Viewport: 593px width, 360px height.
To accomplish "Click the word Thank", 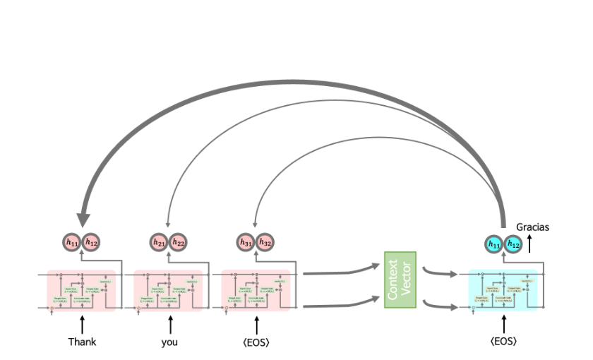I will coord(82,342).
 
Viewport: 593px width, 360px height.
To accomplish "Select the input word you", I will coord(169,342).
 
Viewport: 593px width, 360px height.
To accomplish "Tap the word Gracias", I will coord(532,227).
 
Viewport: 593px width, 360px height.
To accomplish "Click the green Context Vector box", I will coord(400,280).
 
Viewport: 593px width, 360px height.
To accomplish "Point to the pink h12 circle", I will coord(91,243).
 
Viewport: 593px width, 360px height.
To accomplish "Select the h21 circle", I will coord(160,243).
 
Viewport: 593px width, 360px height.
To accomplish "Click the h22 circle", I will coord(178,243).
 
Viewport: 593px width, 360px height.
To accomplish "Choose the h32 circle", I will coord(265,243).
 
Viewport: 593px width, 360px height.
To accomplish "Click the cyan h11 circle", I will coord(494,244).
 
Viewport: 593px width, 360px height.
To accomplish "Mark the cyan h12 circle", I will coord(513,244).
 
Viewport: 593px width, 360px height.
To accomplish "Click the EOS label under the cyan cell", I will coord(503,342).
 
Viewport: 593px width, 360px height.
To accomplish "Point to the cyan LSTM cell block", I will coord(503,289).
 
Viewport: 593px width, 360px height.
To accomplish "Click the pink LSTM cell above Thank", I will coord(81,289).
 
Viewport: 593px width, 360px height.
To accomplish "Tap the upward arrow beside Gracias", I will coord(530,244).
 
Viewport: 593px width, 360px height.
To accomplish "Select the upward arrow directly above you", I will coord(169,325).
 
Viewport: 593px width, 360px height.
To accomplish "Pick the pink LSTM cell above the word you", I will coord(169,289).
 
